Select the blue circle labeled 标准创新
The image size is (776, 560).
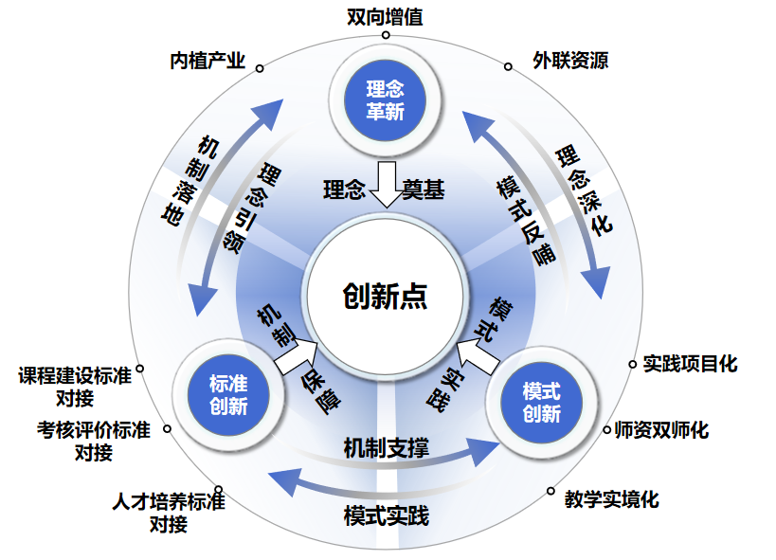coord(228,394)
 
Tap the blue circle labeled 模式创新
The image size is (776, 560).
coord(541,402)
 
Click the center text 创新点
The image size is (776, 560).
coord(386,296)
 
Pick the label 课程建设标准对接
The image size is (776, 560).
coord(75,385)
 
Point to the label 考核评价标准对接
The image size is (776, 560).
coord(94,441)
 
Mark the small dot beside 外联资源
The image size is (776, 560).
coord(508,67)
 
